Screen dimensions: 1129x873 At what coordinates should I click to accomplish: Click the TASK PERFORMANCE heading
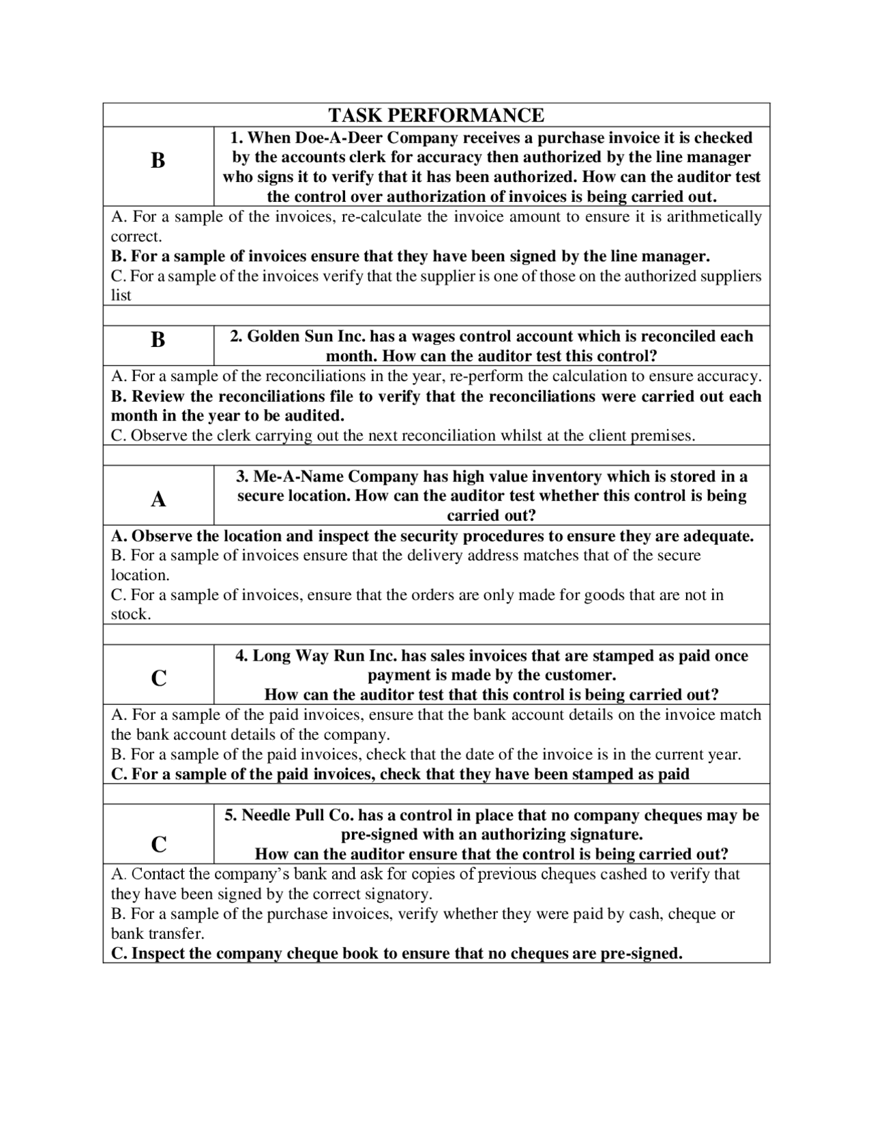[x=436, y=115]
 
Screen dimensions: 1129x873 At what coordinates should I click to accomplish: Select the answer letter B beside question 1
[x=158, y=161]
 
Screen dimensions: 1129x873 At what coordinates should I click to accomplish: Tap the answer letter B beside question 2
[x=158, y=340]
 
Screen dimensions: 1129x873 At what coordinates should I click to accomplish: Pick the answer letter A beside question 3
[x=158, y=500]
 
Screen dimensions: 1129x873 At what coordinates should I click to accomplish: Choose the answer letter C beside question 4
[x=158, y=678]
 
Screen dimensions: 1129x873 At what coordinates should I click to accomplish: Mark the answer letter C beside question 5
[x=158, y=845]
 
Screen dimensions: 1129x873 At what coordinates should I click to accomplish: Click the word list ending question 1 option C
[x=121, y=296]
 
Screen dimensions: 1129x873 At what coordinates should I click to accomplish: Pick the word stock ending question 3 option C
[x=130, y=614]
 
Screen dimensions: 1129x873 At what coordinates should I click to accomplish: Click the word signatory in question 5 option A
[x=398, y=894]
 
